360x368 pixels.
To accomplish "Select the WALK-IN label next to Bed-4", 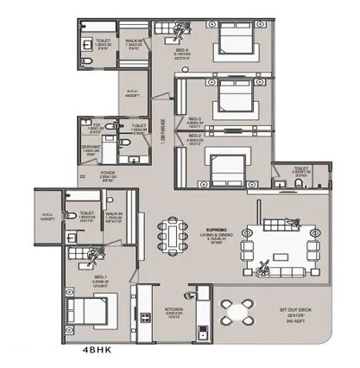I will (133, 46).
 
